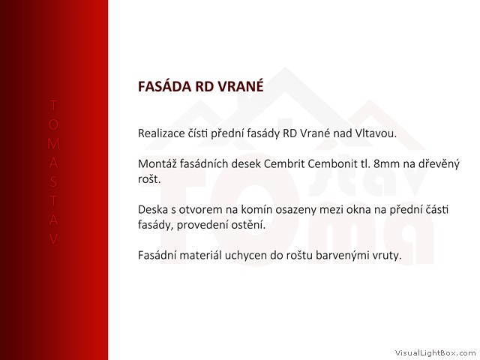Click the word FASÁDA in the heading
[x=164, y=86]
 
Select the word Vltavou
[x=376, y=133]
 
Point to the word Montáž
[x=157, y=164]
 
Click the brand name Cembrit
[x=284, y=164]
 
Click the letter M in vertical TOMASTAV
[x=53, y=143]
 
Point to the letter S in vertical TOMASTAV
[x=53, y=181]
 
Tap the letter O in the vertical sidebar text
[x=53, y=124]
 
